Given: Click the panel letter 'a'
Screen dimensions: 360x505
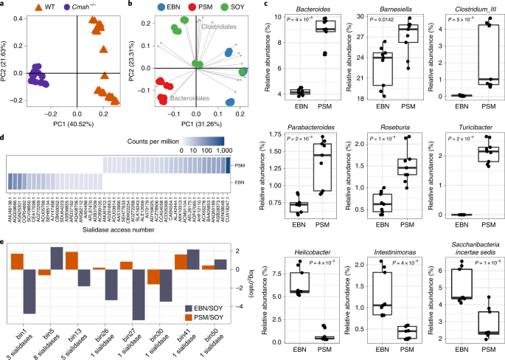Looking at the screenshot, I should point(4,5).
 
